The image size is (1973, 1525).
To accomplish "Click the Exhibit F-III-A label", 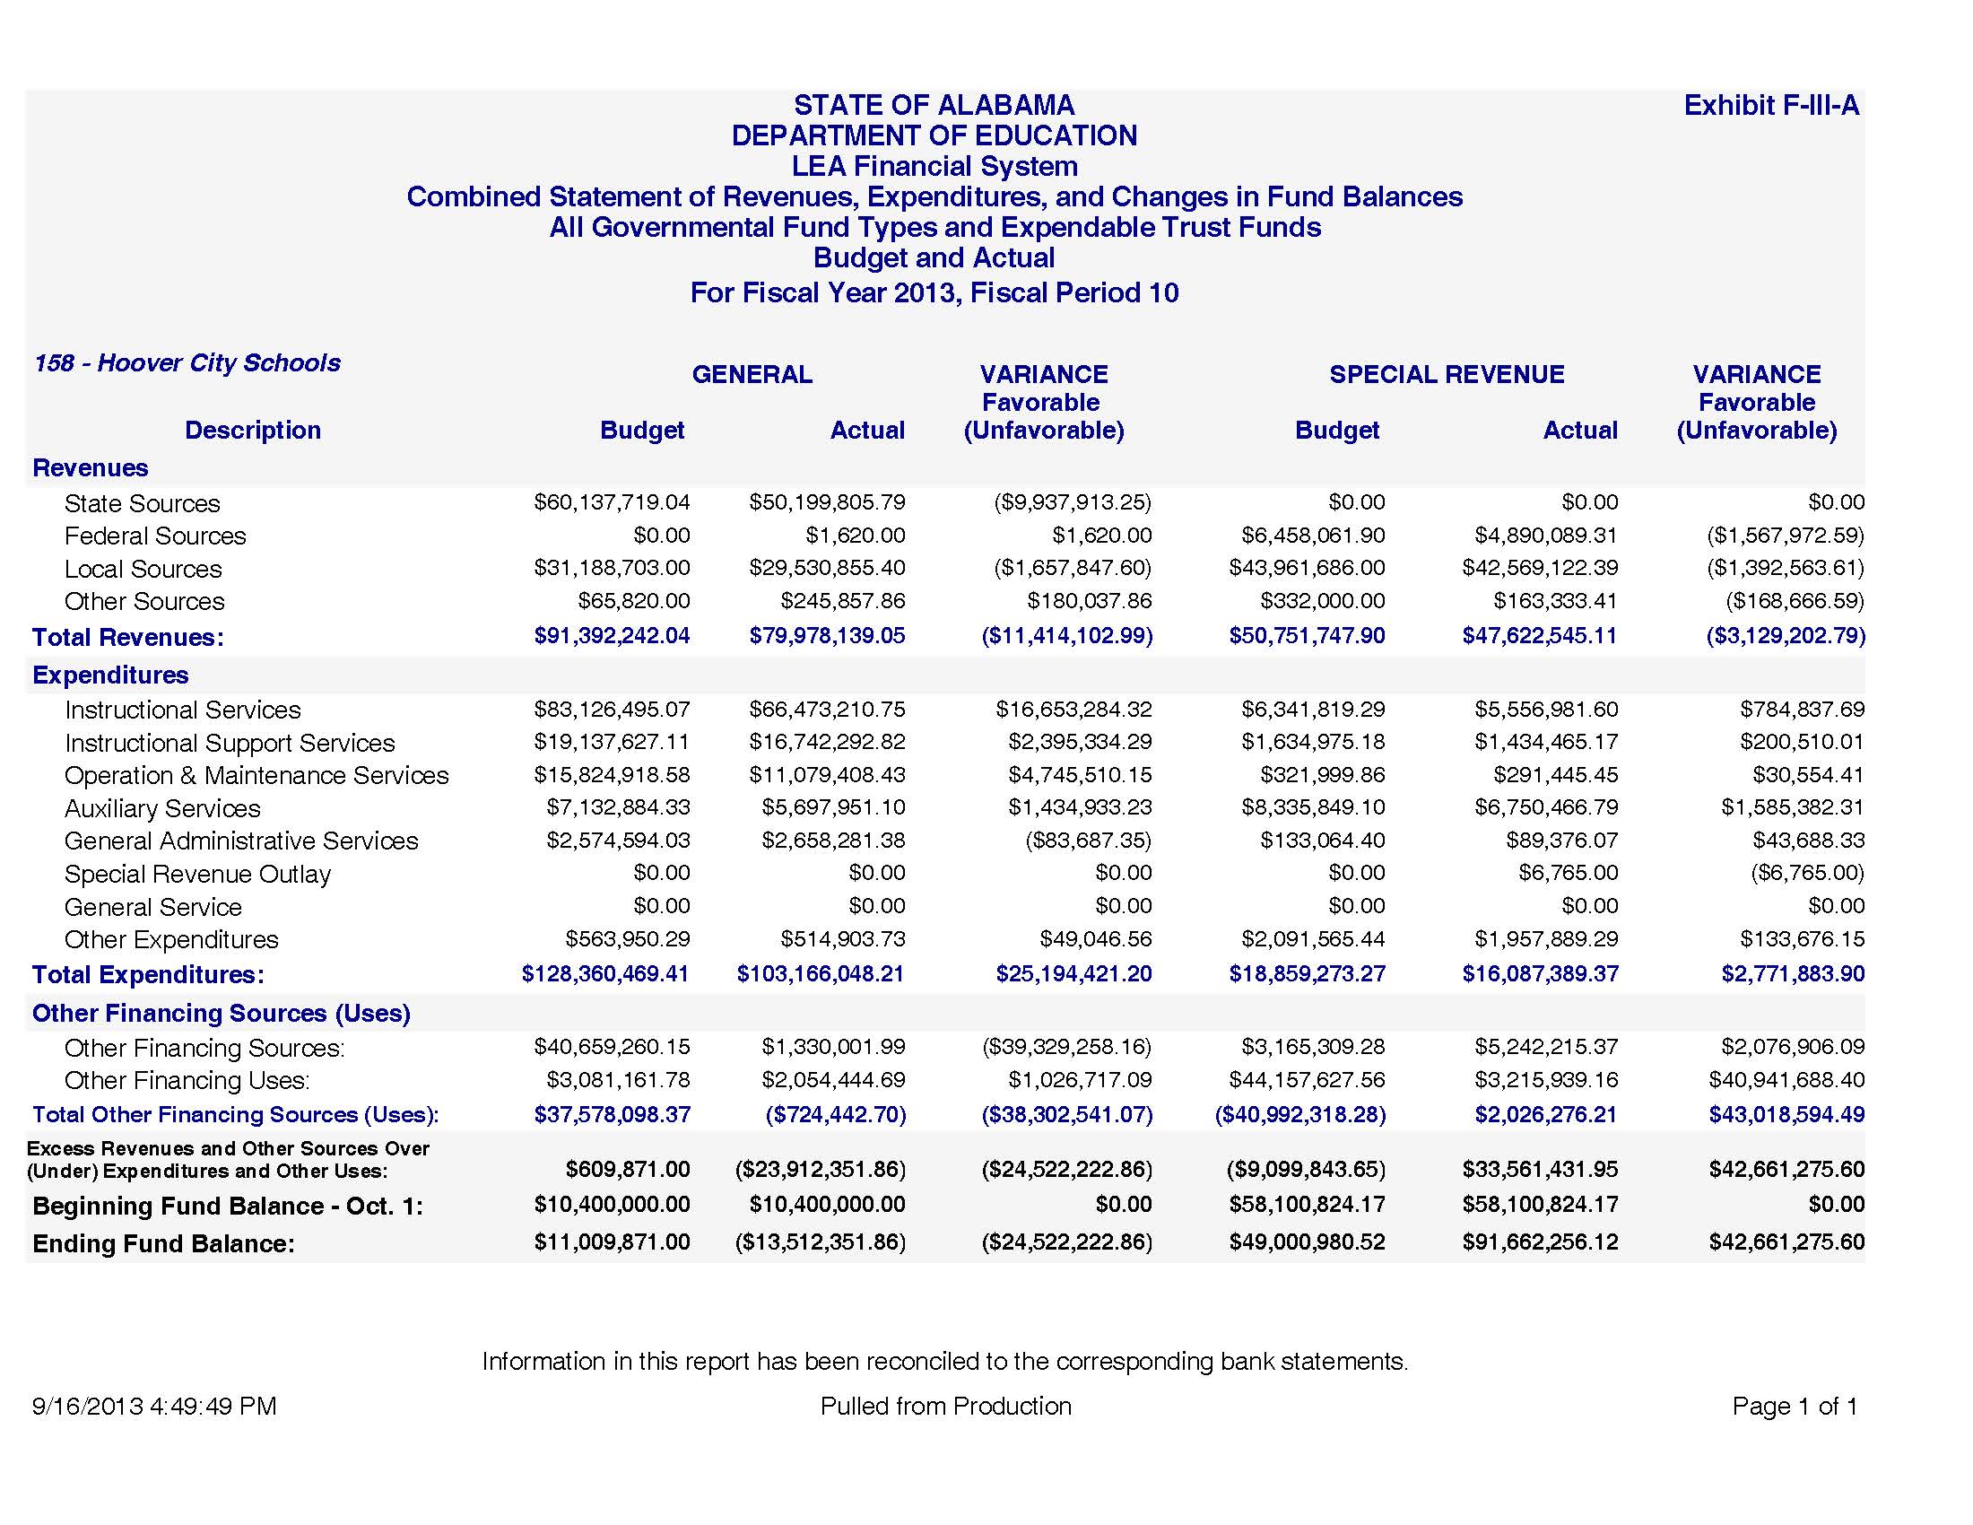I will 1770,106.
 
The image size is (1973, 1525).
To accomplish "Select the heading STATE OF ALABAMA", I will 934,106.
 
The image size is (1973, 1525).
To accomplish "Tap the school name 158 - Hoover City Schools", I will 187,363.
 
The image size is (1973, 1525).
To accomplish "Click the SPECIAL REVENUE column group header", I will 1447,374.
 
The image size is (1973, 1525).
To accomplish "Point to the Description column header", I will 252,430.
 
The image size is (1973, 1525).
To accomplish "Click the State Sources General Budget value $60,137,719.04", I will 612,502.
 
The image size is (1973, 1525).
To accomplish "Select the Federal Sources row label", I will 154,536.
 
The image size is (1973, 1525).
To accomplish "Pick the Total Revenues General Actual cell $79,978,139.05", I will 827,636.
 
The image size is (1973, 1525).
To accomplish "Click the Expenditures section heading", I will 110,675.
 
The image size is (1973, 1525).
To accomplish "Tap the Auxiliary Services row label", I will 161,808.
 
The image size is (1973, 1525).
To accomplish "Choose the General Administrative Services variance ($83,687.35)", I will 1088,841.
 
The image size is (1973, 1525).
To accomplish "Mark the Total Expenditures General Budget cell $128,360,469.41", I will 605,974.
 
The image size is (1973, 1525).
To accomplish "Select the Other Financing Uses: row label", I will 187,1081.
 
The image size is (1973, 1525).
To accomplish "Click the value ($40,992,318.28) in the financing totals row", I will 1300,1115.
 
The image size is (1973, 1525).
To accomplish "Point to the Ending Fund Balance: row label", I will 163,1244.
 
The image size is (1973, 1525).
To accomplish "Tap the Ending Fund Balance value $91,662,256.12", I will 1540,1242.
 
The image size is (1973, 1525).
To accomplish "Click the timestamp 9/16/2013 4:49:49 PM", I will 153,1407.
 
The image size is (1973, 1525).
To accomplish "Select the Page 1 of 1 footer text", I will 1795,1407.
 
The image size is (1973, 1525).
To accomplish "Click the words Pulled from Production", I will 945,1407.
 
